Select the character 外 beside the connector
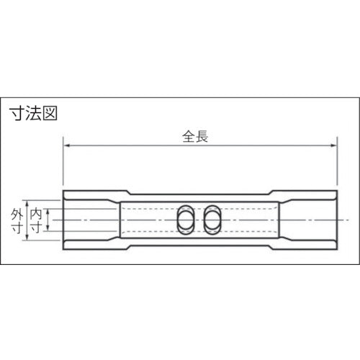17,213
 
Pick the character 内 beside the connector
36,213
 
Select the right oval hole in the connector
214,220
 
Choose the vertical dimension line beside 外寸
27,220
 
